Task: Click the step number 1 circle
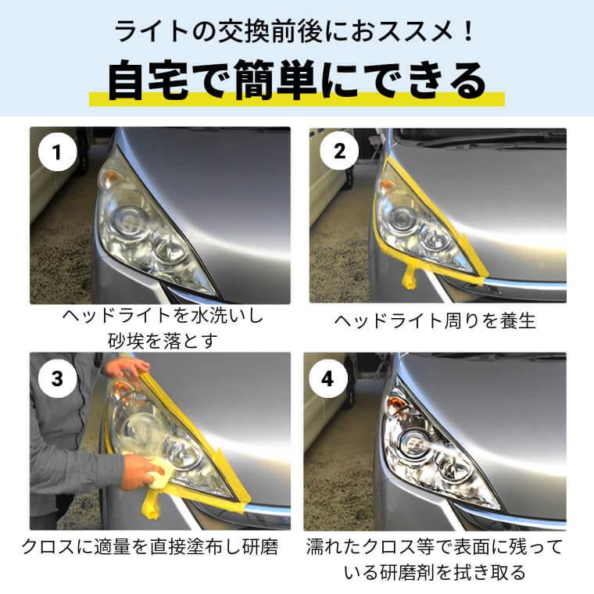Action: [56, 153]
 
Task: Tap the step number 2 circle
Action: [338, 152]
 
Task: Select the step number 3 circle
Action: [56, 378]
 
